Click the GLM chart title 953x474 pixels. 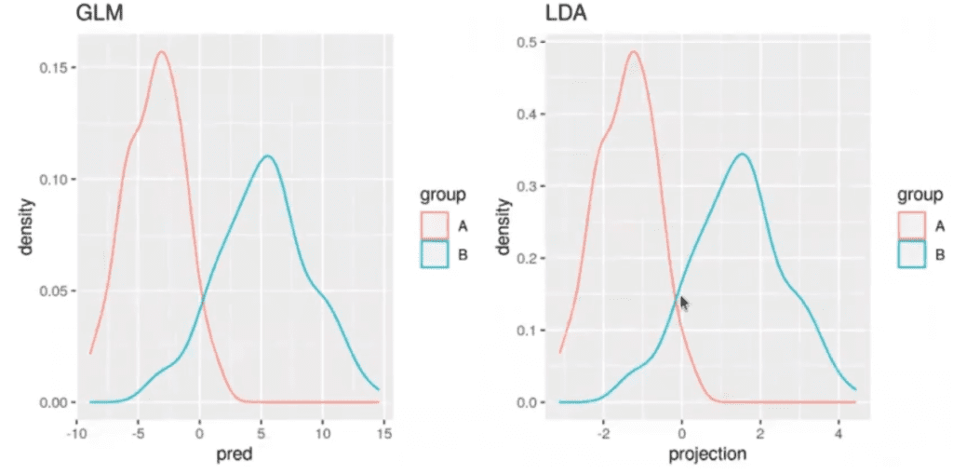coord(99,13)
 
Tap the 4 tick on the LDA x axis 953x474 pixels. coord(839,433)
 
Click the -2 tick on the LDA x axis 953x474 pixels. coord(601,433)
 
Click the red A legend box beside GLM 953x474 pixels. coord(434,226)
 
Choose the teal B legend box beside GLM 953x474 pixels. coord(434,254)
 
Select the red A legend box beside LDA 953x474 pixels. coord(911,226)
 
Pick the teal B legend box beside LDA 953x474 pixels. coord(911,254)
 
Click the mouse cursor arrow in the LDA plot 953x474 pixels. coord(684,303)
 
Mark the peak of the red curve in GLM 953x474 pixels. coord(162,52)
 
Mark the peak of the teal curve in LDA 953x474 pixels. coord(742,154)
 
